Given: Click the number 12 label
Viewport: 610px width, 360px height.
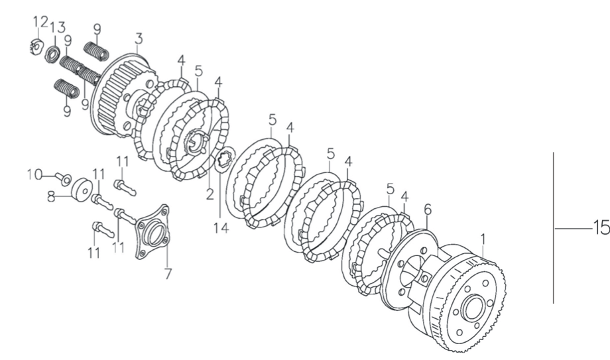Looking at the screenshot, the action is pyautogui.click(x=40, y=22).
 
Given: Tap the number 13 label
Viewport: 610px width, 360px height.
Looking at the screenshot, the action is pyautogui.click(x=57, y=28).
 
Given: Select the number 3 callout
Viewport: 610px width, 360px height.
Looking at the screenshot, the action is pyautogui.click(x=139, y=39).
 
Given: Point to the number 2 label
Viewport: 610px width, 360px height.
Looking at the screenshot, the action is pyautogui.click(x=210, y=194).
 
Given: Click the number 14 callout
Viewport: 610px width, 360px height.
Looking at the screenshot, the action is pyautogui.click(x=221, y=227).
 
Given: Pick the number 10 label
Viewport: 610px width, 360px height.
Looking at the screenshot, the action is pyautogui.click(x=34, y=175).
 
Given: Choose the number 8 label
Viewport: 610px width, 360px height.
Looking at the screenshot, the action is pyautogui.click(x=51, y=197).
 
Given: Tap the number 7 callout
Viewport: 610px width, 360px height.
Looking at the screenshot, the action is pyautogui.click(x=168, y=274).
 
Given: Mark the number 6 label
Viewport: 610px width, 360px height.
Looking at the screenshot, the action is pyautogui.click(x=427, y=210).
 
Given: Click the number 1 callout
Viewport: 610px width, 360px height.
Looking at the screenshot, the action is pyautogui.click(x=483, y=239).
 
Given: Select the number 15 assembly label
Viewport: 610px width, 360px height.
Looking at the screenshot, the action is pyautogui.click(x=601, y=227).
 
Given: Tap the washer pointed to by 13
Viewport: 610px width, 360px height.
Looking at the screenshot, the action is pyautogui.click(x=53, y=52).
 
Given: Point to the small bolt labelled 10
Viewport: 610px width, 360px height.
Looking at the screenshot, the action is pyautogui.click(x=62, y=178).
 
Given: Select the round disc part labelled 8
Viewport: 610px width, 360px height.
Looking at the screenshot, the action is pyautogui.click(x=82, y=190).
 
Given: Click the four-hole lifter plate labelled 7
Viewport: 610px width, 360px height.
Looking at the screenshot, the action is pyautogui.click(x=152, y=233).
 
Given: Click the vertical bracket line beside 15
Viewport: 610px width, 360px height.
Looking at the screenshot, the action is pyautogui.click(x=554, y=227).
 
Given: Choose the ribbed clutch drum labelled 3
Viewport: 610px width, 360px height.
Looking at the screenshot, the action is pyautogui.click(x=121, y=95).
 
